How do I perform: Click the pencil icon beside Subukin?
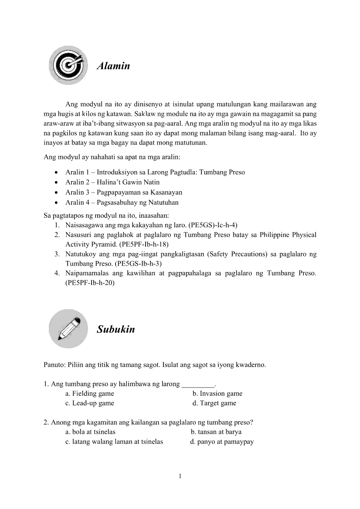68,328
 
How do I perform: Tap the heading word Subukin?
116,329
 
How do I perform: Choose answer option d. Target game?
214,403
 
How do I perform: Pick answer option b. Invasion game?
217,394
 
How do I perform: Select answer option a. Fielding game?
90,394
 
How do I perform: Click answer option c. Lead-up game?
90,403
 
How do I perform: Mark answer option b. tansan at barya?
216,432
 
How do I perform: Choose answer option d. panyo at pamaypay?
222,442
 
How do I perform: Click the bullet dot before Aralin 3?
56,192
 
